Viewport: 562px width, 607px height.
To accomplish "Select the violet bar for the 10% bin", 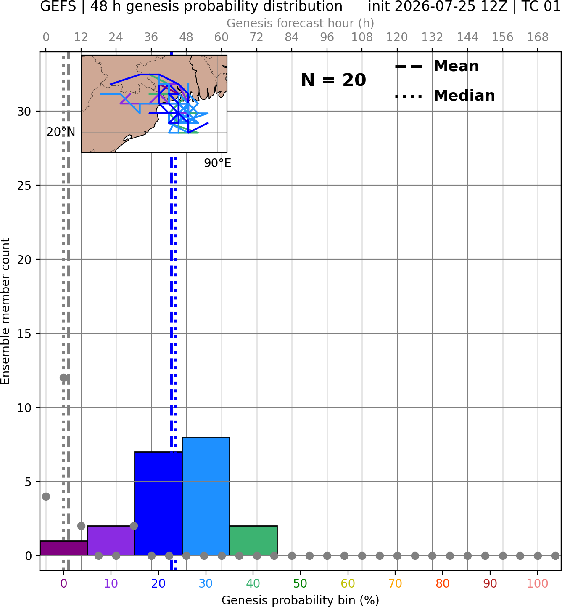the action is point(111,540).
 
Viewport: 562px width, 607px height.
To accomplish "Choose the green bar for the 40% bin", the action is point(253,540).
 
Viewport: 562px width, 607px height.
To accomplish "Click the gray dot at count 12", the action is point(63,378).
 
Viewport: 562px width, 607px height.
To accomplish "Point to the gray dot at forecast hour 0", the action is point(46,496).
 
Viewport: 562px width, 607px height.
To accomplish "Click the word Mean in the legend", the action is point(456,66).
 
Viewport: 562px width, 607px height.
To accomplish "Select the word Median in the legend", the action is point(464,96).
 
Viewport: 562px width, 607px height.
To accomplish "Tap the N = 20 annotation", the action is point(333,80).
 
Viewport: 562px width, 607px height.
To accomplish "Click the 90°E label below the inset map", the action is point(218,163).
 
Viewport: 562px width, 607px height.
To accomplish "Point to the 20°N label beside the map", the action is point(61,132).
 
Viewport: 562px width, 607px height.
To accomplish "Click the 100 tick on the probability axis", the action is point(537,583).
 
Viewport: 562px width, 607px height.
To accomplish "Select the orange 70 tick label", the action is point(395,583).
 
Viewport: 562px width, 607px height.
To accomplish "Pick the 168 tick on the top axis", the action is point(538,37).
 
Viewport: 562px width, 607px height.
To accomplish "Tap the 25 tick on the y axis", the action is point(24,186).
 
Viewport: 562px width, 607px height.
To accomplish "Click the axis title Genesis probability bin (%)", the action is point(301,600).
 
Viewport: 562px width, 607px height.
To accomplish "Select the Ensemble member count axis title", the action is point(5,311).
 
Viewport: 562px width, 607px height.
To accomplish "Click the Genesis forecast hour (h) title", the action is point(301,23).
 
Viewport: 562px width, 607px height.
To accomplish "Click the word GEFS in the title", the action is point(58,6).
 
